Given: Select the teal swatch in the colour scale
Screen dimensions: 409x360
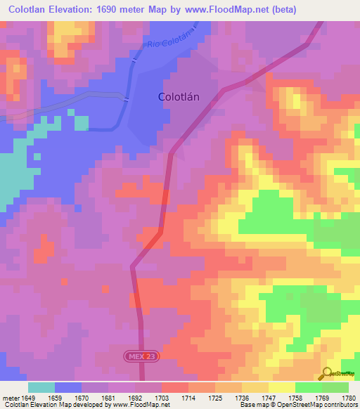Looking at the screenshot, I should pos(41,387).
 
